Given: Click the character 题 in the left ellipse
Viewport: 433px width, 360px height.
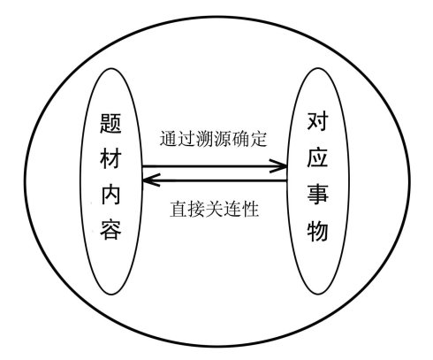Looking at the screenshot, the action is pos(110,124).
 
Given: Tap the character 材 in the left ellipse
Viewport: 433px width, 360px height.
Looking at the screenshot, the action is pos(110,158).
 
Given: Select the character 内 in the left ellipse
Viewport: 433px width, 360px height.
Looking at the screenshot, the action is pos(110,194).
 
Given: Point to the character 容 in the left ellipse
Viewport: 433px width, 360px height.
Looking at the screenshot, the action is pos(110,229).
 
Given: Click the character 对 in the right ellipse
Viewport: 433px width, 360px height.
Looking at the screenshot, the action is pos(318,121).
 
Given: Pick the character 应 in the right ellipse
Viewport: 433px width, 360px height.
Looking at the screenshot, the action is pos(318,157).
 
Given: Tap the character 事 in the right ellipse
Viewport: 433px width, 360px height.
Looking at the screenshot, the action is pos(318,194).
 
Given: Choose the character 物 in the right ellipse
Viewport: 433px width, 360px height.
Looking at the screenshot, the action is pos(318,230).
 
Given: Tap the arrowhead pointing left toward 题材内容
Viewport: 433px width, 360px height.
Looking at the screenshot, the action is pos(151,180).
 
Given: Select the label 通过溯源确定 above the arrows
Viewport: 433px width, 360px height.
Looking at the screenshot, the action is pos(213,139).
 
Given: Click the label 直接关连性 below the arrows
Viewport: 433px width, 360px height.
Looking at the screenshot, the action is pos(214,209).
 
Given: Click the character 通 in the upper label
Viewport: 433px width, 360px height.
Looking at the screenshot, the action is pos(169,139).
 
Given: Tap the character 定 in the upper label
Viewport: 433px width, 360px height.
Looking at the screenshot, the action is pos(258,139).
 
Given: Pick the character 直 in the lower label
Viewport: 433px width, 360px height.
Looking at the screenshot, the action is pos(179,209).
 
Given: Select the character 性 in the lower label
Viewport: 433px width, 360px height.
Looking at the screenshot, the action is pos(250,209).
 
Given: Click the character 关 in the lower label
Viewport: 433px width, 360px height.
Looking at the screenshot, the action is pos(214,209).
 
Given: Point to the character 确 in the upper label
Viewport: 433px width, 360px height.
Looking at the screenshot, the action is pos(240,139).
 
